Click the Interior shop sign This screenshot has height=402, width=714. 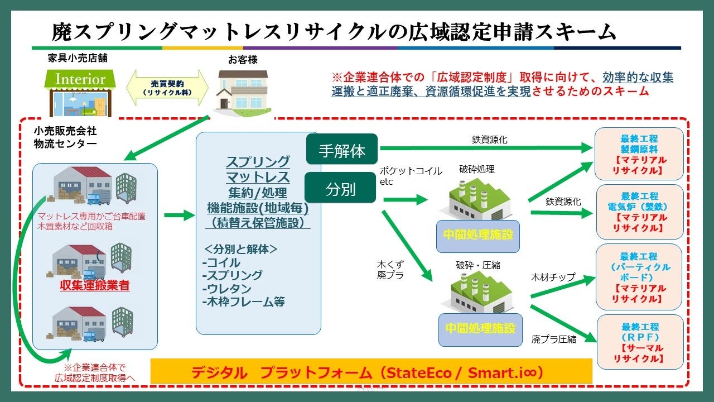(x=80, y=79)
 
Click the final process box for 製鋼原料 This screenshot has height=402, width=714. (x=639, y=154)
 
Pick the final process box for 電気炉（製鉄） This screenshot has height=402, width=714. (x=639, y=212)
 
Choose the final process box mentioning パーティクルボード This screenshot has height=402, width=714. (x=639, y=277)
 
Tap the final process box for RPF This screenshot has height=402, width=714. (x=639, y=342)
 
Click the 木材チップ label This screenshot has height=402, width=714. (x=553, y=277)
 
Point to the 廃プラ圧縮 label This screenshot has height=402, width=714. (x=554, y=338)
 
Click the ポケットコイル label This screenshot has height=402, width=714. (x=411, y=171)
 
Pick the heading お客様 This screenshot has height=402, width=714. (x=243, y=59)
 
